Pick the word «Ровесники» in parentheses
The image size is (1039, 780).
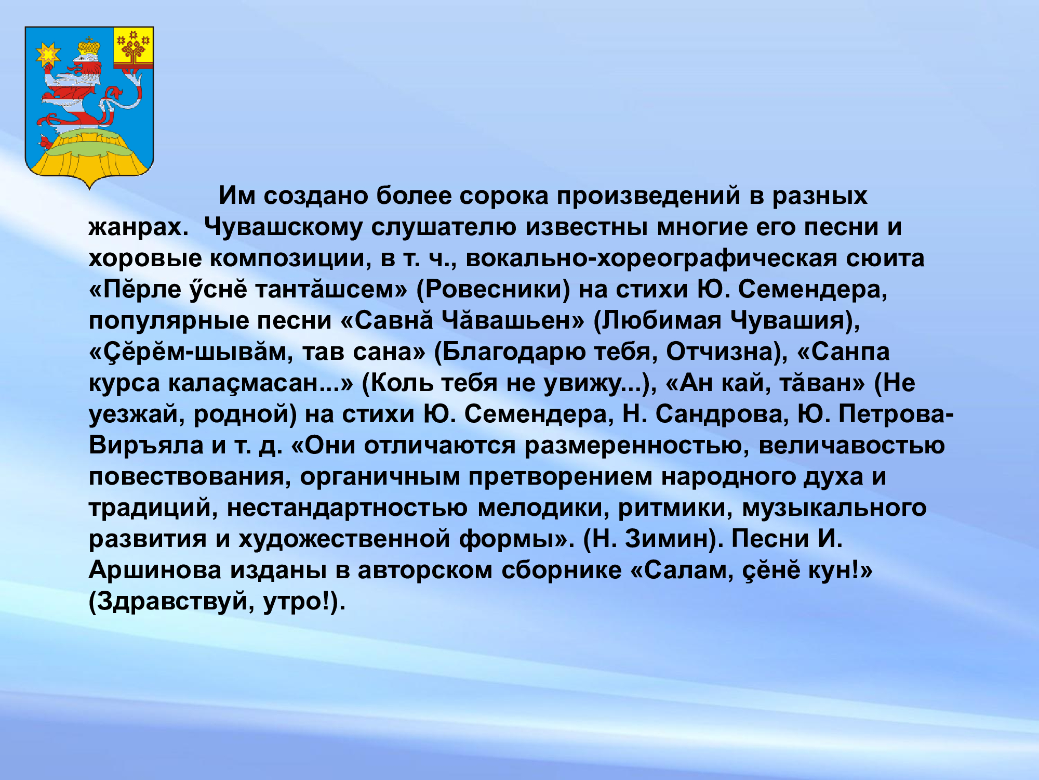click(x=493, y=290)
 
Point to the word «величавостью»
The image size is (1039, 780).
click(x=851, y=446)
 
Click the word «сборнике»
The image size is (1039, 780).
click(x=562, y=570)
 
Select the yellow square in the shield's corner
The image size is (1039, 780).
click(x=134, y=47)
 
